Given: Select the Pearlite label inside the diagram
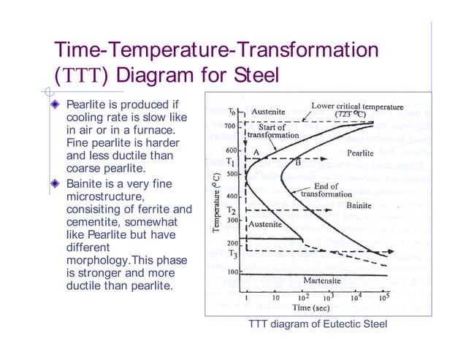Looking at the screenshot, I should click(x=361, y=153).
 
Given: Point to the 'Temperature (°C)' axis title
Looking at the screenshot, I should click(x=217, y=198).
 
